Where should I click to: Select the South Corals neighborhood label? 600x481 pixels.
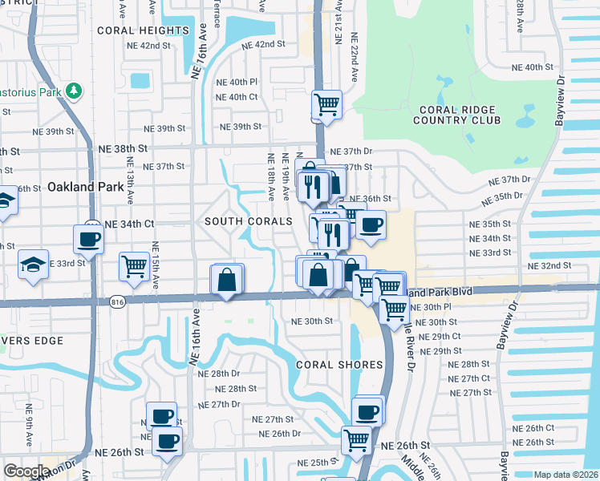pyautogui.click(x=248, y=220)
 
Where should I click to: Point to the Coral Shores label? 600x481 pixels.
pyautogui.click(x=339, y=365)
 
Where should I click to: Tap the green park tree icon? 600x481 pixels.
pyautogui.click(x=74, y=91)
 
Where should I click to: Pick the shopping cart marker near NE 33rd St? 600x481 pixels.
pyautogui.click(x=134, y=266)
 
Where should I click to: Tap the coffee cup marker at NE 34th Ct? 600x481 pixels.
pyautogui.click(x=88, y=238)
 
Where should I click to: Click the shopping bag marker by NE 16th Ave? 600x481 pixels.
pyautogui.click(x=227, y=280)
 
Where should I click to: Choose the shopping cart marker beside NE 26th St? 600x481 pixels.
pyautogui.click(x=355, y=439)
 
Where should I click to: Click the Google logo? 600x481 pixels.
pyautogui.click(x=26, y=471)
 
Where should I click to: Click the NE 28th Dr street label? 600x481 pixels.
pyautogui.click(x=220, y=374)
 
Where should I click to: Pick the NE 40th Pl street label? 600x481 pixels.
pyautogui.click(x=237, y=82)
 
